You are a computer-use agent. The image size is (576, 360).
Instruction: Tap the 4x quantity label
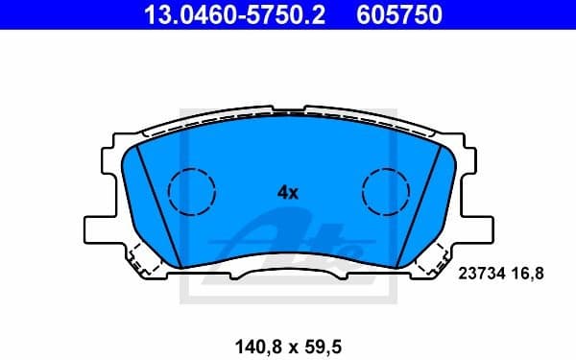(x=288, y=192)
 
